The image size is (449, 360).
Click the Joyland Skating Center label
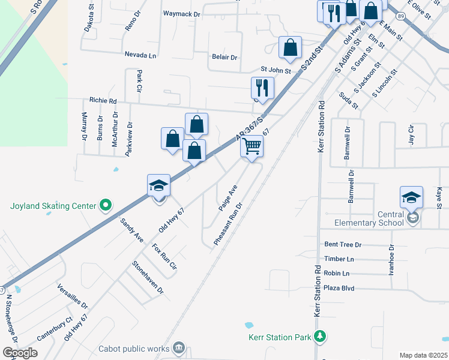point(53,206)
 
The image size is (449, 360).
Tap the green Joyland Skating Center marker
point(106,206)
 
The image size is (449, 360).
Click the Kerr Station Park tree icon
point(321,337)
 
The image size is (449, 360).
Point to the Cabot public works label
point(140,348)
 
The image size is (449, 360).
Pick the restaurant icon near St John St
point(262,88)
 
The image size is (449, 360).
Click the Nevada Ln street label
point(140,55)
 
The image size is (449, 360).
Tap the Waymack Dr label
point(181,13)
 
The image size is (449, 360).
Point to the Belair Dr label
point(224,58)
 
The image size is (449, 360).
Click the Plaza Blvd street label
point(339,288)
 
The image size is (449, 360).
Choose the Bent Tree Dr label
point(343,245)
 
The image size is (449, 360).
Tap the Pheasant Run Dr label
point(228,222)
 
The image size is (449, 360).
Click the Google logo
point(20,353)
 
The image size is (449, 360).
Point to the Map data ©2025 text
point(423,355)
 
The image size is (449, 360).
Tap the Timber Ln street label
point(339,259)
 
